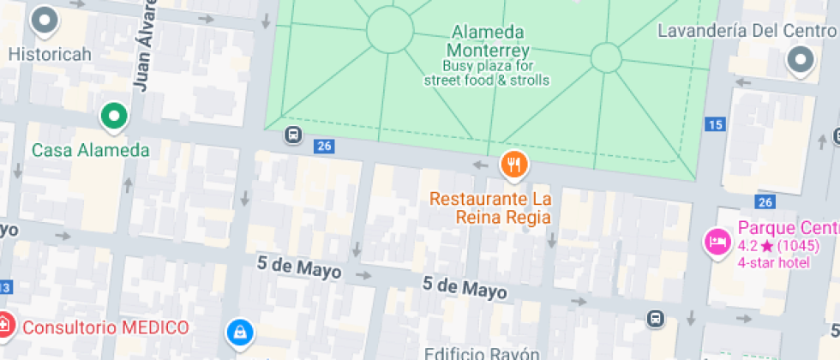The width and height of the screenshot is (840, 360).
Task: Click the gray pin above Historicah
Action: pyautogui.click(x=44, y=21)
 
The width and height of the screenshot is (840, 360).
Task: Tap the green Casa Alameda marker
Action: pyautogui.click(x=113, y=116)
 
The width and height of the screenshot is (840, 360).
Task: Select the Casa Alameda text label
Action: pyautogui.click(x=90, y=150)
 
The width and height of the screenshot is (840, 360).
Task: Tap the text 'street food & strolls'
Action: pyautogui.click(x=487, y=81)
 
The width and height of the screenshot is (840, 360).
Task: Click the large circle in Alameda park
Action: pyautogui.click(x=389, y=30)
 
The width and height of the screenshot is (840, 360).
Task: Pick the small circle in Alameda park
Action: pyautogui.click(x=606, y=57)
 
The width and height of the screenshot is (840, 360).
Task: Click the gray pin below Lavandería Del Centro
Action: pyautogui.click(x=801, y=60)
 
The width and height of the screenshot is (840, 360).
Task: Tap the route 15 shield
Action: pyautogui.click(x=715, y=125)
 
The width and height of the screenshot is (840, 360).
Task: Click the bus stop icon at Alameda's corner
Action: pyautogui.click(x=293, y=135)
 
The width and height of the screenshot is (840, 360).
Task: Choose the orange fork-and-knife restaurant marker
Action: pyautogui.click(x=513, y=165)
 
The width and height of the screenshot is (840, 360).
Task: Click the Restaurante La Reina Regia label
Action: pyautogui.click(x=490, y=207)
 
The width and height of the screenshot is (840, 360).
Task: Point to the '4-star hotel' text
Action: pyautogui.click(x=774, y=261)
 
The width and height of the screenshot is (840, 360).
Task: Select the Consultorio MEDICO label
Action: pyautogui.click(x=105, y=327)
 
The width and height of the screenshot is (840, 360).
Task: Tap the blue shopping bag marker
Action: pyautogui.click(x=239, y=332)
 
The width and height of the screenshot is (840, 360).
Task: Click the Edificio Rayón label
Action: pyautogui.click(x=482, y=353)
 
